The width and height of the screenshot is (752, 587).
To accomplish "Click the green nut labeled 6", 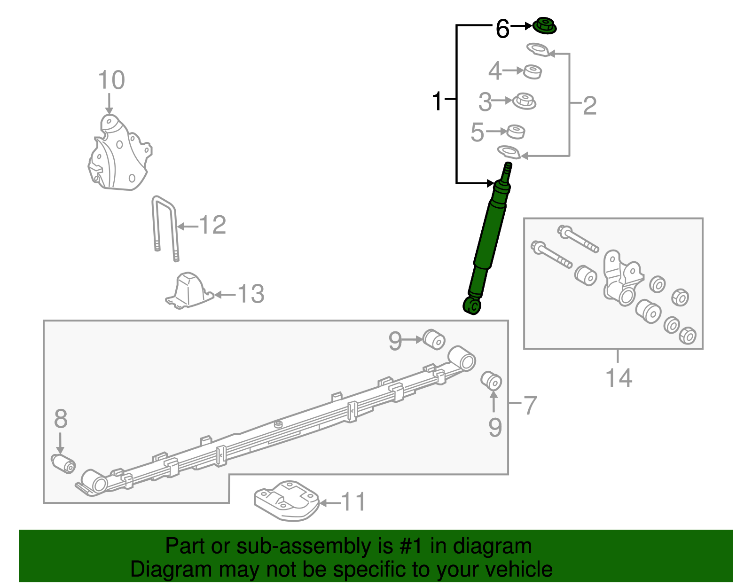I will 545,26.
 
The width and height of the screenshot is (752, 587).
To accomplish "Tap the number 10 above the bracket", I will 111,80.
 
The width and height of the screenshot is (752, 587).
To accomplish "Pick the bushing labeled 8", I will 63,463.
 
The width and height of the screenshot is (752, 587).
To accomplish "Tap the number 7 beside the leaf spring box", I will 530,405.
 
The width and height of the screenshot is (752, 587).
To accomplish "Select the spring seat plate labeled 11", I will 286,501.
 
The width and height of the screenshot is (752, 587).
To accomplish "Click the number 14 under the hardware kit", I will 619,378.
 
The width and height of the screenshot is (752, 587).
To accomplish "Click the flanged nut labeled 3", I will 524,101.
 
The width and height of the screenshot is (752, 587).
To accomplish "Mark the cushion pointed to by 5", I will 516,132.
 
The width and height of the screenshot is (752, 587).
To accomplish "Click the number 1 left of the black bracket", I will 437,101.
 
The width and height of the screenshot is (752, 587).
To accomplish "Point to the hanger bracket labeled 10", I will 120,155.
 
